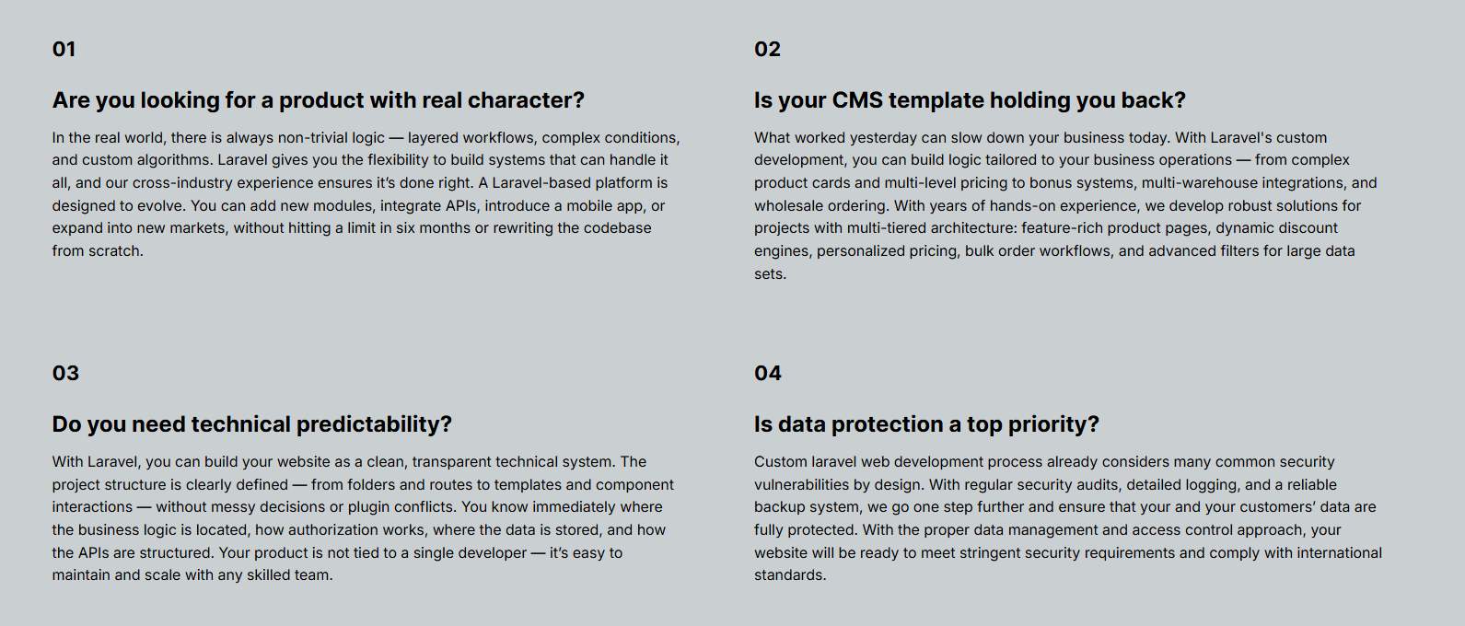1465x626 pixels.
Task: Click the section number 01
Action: [x=64, y=49]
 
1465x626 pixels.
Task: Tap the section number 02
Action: [x=767, y=49]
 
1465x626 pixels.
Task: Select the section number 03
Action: [x=65, y=373]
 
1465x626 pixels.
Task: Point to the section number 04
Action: [x=768, y=373]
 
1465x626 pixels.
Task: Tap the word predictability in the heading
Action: [x=374, y=424]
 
